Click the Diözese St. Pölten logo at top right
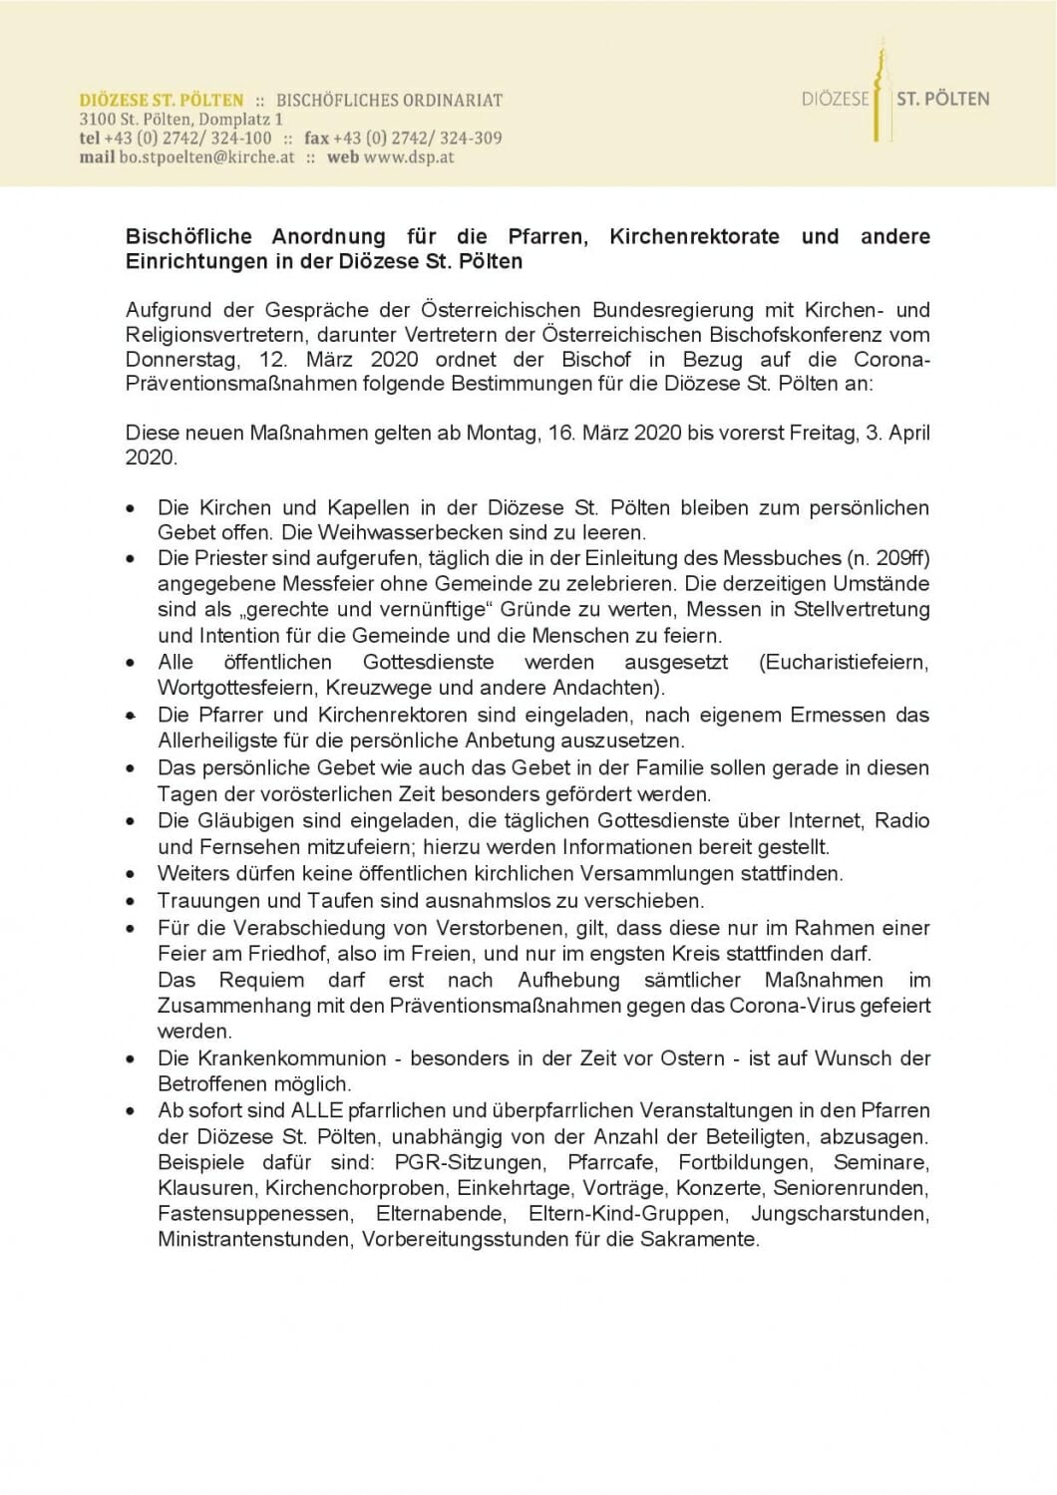coord(894,98)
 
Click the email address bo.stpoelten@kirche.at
coord(207,157)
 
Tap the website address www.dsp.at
coord(409,157)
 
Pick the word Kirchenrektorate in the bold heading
coord(694,237)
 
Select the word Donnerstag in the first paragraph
coord(182,360)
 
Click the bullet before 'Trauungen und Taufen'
coord(132,901)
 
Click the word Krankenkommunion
coord(271,1057)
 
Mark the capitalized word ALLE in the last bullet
coord(318,1110)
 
